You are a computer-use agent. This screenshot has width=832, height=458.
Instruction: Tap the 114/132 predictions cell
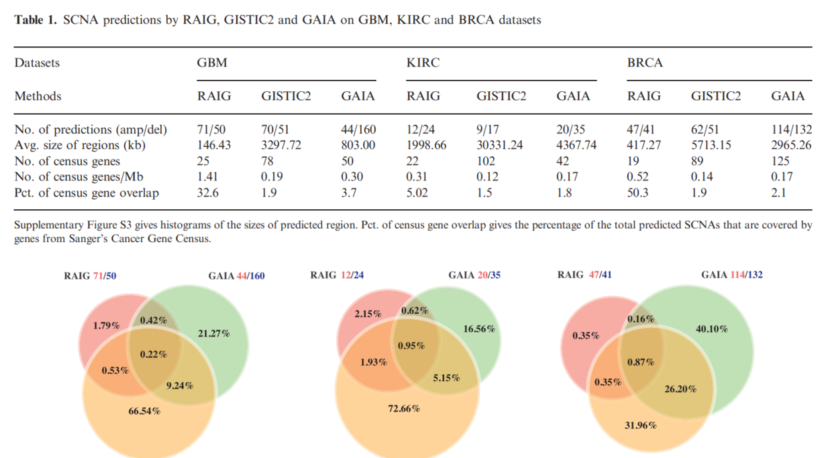pos(791,129)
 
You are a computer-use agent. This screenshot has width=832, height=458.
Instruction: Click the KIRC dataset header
pos(423,63)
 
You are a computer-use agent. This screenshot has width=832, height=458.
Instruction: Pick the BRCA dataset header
pos(645,63)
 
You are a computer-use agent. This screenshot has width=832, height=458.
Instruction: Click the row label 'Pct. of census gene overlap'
pos(87,193)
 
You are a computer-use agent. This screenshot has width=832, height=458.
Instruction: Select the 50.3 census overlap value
pos(639,193)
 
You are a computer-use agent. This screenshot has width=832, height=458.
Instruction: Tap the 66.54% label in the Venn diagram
pos(144,411)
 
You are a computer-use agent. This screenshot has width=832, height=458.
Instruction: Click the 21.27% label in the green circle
pos(214,333)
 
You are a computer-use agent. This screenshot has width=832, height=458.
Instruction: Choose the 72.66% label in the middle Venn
pos(404,408)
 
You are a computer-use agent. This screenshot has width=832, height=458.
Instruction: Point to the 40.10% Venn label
pos(711,329)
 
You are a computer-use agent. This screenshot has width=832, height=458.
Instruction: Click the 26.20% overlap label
pos(680,389)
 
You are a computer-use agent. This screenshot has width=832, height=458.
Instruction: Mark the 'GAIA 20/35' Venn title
pos(473,275)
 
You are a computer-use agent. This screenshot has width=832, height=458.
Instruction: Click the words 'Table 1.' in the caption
pos(36,20)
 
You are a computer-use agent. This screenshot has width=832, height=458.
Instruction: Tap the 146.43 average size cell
pos(213,145)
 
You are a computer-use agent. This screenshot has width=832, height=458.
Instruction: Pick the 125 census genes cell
pos(780,161)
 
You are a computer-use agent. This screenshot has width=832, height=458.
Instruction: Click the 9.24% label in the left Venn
pos(179,386)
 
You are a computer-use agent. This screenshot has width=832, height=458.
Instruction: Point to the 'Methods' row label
pos(38,96)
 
